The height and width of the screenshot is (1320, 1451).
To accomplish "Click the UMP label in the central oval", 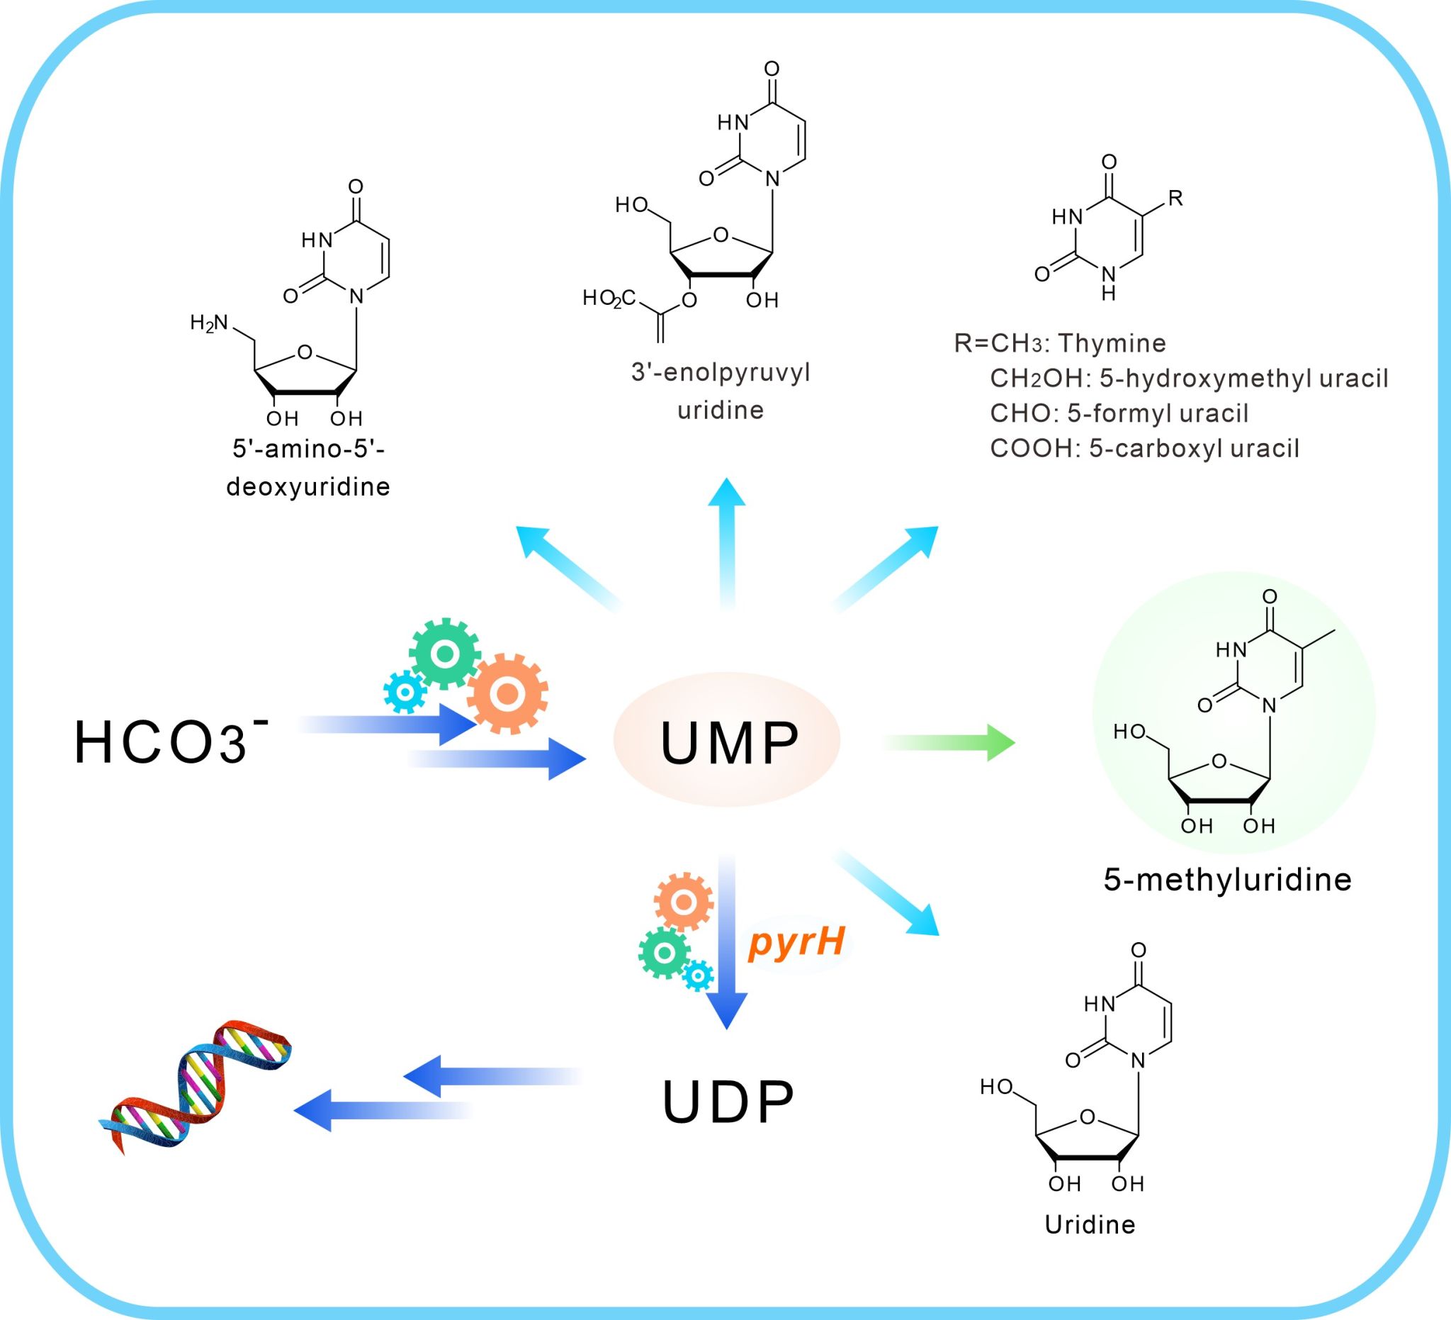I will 728,742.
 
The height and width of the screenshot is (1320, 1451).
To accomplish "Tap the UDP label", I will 728,1101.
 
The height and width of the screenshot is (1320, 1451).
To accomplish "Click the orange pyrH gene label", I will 796,941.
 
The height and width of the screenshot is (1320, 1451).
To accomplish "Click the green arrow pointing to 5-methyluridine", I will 950,742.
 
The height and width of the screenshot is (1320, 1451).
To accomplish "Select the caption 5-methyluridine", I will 1227,879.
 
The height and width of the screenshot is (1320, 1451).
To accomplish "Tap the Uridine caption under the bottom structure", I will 1090,1224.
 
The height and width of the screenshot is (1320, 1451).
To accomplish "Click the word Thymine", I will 1112,343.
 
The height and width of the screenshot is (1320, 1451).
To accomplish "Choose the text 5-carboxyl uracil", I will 1194,448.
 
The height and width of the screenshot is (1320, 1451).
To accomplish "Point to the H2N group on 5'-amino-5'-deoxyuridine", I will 209,323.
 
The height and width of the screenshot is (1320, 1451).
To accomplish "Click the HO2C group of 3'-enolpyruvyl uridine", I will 609,298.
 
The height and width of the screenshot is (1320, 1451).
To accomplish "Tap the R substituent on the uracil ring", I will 1175,198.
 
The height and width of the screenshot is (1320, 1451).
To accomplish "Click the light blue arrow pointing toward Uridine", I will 888,893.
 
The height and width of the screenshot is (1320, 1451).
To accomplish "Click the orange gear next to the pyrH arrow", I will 683,902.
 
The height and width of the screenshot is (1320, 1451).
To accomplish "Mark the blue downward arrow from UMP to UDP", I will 727,944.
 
